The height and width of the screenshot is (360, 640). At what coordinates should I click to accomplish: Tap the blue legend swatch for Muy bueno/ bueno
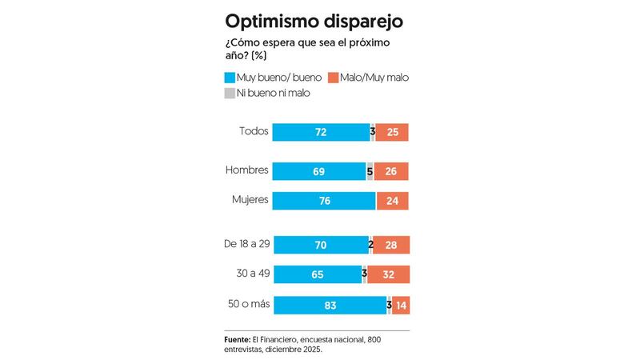[x=230, y=78]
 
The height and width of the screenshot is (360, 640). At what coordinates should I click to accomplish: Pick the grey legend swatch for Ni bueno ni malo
[x=230, y=93]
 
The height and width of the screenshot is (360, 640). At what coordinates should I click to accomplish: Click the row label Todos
[x=254, y=131]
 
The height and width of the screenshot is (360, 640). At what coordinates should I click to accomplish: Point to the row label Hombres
[x=246, y=170]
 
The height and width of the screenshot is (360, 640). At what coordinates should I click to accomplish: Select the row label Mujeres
[x=248, y=199]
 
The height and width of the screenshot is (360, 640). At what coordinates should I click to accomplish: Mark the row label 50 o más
[x=248, y=303]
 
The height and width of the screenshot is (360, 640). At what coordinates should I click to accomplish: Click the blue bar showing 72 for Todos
[x=321, y=132]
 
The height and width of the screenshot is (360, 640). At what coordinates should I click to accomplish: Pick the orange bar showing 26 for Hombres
[x=391, y=170]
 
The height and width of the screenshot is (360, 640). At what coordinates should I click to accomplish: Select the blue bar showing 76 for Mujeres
[x=324, y=201]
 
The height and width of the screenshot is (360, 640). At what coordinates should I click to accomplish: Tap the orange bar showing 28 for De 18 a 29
[x=391, y=245]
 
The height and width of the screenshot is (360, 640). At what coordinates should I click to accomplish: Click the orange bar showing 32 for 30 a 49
[x=389, y=274]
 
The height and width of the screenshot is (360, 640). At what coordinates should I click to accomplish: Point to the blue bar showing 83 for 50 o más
[x=329, y=305]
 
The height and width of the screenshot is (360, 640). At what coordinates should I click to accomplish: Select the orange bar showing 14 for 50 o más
[x=401, y=305]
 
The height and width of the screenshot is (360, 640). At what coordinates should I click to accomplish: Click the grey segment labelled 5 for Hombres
[x=370, y=170]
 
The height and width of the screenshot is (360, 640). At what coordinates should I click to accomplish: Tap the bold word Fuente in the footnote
[x=238, y=339]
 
